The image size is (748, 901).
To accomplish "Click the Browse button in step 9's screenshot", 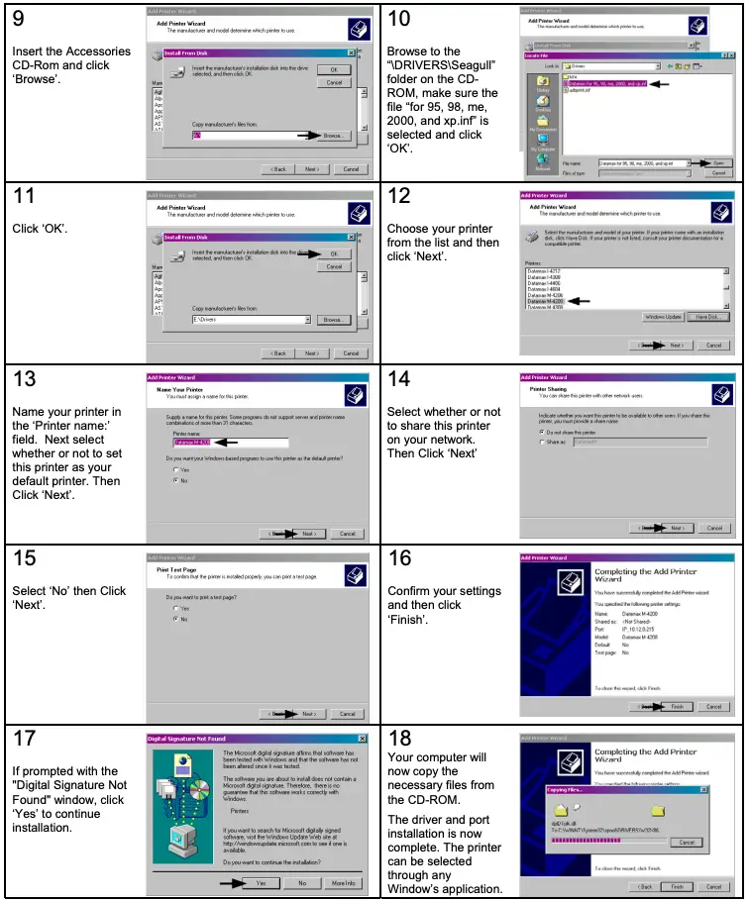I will (333, 135).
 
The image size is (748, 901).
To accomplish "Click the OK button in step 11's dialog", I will (333, 253).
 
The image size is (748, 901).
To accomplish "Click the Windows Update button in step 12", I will (663, 317).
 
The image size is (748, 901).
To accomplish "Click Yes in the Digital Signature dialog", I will (261, 882).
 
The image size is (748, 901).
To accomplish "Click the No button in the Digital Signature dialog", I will (302, 882).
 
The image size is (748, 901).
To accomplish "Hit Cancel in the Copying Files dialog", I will (682, 842).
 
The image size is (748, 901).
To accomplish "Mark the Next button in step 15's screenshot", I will (308, 714).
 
